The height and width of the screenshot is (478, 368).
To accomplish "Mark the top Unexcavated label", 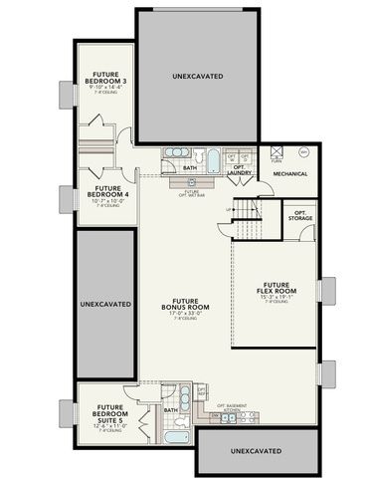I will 196,77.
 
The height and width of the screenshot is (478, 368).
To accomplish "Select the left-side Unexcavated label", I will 104,303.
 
